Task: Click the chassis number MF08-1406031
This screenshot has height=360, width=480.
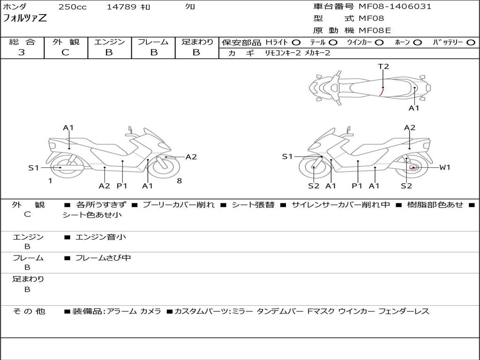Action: pos(395,7)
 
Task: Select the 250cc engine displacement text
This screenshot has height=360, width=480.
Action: pos(72,7)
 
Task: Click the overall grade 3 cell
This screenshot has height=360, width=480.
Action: pos(22,52)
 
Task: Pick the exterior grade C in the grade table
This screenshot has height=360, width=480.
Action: pos(65,52)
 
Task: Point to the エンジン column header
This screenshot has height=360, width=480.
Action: pos(109,42)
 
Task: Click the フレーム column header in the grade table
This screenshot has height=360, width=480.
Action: pos(153,42)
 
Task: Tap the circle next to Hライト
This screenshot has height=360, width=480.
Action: pos(296,43)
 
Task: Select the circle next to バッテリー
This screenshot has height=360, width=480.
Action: pos(470,43)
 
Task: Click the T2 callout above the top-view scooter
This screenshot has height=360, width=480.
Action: pos(383,67)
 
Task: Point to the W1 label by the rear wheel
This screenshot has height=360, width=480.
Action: pos(444,167)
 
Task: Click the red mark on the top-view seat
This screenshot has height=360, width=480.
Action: pos(381,92)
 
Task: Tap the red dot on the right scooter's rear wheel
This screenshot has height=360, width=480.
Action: pos(412,168)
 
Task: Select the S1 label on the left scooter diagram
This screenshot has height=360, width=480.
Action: pos(33,168)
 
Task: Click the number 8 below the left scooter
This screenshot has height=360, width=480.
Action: pos(179,181)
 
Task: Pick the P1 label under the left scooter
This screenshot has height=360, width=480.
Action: pos(122,186)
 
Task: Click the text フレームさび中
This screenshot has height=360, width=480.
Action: pos(103,258)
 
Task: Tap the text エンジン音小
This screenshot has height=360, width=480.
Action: pos(100,237)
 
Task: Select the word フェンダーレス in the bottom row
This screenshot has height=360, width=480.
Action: pos(403,311)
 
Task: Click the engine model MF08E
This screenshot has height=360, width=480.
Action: pos(375,30)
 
